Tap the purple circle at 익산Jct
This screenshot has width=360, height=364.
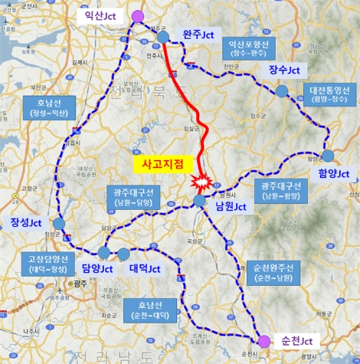click(137, 17)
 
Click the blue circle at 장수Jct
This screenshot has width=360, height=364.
click(282, 91)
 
